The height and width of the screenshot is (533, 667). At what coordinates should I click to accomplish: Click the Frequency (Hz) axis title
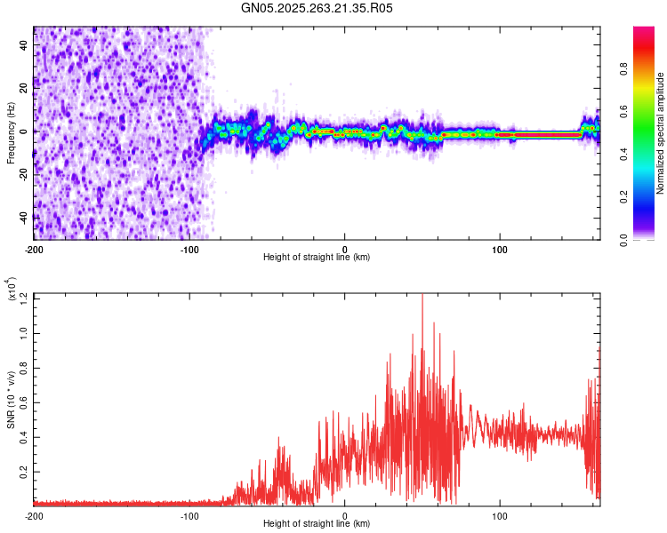[x=11, y=132]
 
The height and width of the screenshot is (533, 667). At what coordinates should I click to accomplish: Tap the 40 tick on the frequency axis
[x=24, y=44]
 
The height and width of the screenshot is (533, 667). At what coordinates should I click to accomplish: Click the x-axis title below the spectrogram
[x=317, y=258]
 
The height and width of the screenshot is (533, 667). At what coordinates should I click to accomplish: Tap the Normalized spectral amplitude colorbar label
[x=661, y=134]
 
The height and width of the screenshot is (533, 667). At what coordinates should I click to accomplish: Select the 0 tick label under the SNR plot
[x=345, y=515]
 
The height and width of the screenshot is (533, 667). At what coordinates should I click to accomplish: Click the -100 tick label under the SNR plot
[x=189, y=515]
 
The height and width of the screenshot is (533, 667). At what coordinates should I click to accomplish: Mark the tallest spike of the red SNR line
[x=422, y=297]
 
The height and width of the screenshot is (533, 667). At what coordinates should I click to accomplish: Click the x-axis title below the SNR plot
[x=317, y=524]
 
